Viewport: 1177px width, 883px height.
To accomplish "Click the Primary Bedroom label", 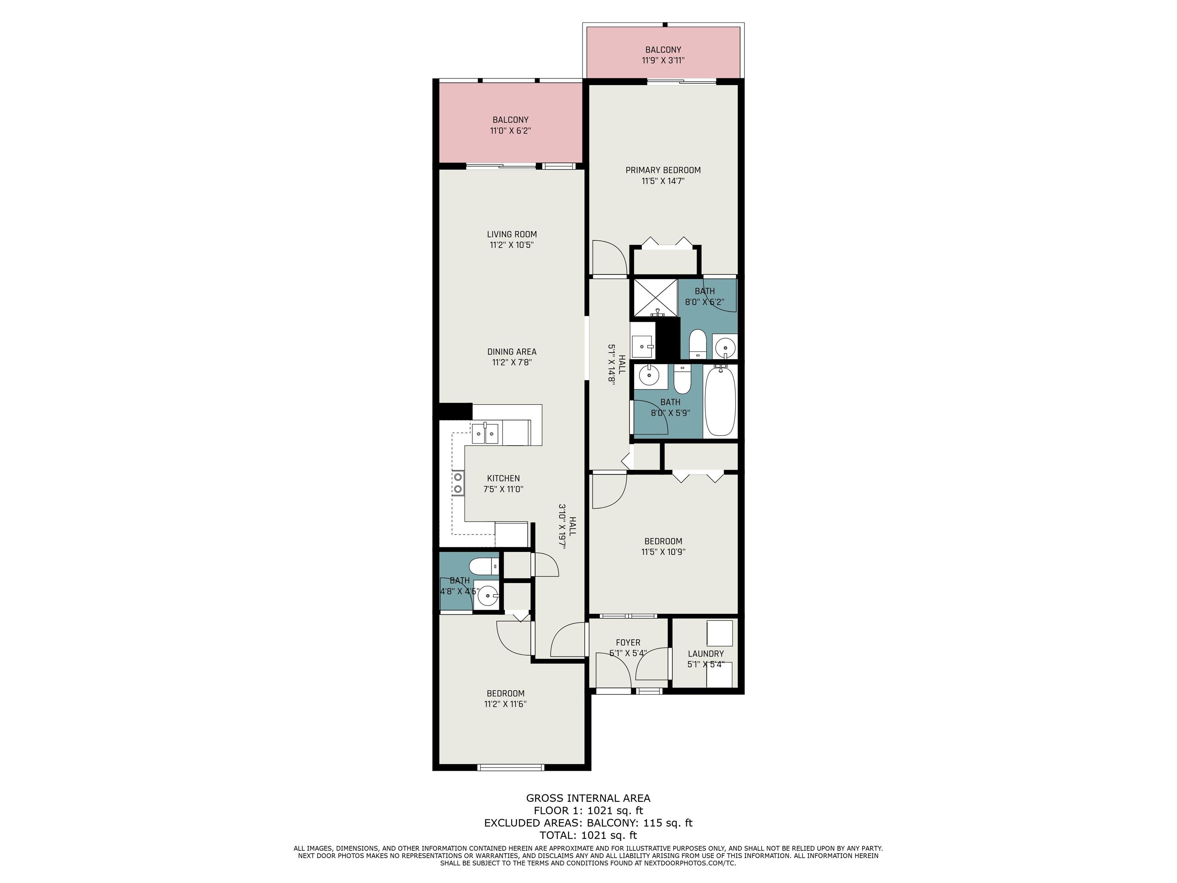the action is pyautogui.click(x=663, y=170).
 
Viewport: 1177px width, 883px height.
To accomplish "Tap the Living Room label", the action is pyautogui.click(x=512, y=234).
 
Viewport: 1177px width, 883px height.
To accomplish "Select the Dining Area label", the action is pyautogui.click(x=512, y=352).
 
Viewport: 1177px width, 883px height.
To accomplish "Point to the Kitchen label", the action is pyautogui.click(x=503, y=479).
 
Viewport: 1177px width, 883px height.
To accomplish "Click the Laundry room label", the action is pyautogui.click(x=706, y=653).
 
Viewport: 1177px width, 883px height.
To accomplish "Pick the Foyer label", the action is pyautogui.click(x=628, y=642).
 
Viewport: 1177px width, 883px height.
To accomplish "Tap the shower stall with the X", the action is pyautogui.click(x=654, y=299).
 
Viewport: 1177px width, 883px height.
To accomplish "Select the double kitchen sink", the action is pyautogui.click(x=113, y=434).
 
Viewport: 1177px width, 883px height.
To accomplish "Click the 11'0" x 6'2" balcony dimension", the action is pyautogui.click(x=510, y=130).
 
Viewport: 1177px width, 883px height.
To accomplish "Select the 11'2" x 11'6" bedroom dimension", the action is pyautogui.click(x=505, y=704).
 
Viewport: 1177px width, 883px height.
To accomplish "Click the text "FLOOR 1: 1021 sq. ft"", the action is pyautogui.click(x=588, y=811).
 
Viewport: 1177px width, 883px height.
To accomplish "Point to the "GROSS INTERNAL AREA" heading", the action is pyautogui.click(x=588, y=798).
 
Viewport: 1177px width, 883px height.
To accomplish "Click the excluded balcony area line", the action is pyautogui.click(x=588, y=823).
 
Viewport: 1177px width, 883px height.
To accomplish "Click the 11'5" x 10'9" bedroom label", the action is pyautogui.click(x=663, y=547).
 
